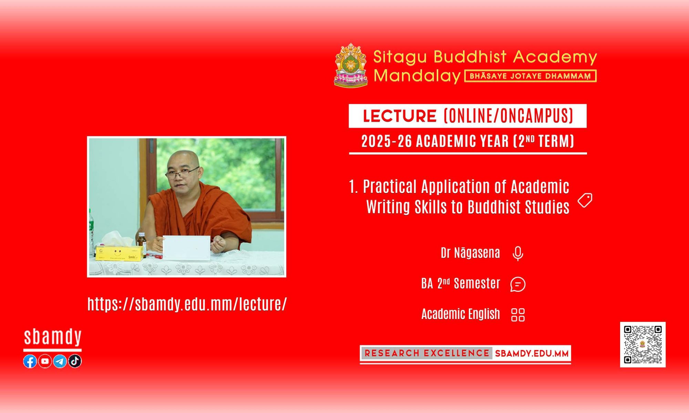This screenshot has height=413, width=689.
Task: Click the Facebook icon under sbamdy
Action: click(x=30, y=361)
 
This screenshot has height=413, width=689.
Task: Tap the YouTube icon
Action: click(x=45, y=361)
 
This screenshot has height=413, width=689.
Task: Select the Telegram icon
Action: click(x=60, y=361)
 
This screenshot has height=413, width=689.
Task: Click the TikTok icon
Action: click(x=75, y=361)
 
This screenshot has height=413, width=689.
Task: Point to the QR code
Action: click(x=643, y=345)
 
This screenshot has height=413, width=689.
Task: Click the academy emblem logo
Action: click(x=351, y=65)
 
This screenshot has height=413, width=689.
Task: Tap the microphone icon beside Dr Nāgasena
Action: click(x=518, y=254)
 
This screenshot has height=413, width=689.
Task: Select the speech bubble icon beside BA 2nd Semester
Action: click(x=518, y=284)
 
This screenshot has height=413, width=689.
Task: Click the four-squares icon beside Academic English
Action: click(x=518, y=315)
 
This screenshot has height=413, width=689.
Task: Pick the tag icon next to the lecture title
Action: click(x=585, y=200)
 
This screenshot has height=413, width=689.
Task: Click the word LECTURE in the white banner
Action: click(x=400, y=116)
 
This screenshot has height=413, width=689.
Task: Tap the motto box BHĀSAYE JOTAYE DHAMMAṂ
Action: click(x=531, y=76)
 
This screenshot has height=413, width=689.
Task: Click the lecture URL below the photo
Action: click(x=187, y=304)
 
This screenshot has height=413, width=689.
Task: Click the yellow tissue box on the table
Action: click(x=119, y=253)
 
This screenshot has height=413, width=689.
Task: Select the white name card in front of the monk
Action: click(x=186, y=247)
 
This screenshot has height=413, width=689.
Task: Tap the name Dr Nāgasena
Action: click(x=470, y=253)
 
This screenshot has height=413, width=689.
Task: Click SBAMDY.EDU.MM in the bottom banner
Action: click(x=532, y=353)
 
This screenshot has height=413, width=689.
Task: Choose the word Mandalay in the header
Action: click(x=417, y=76)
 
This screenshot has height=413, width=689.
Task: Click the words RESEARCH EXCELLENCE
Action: click(x=427, y=353)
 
